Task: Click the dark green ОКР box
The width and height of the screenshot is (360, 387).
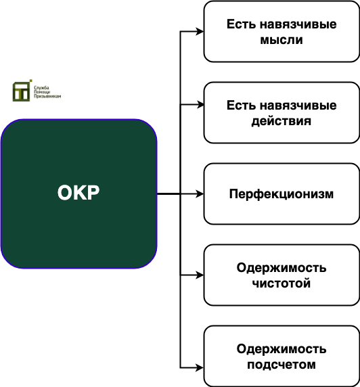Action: (x=78, y=193)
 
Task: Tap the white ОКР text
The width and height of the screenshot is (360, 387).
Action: (x=78, y=193)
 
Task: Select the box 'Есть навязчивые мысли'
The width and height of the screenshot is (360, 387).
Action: (x=282, y=32)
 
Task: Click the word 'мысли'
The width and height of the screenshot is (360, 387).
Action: (x=282, y=40)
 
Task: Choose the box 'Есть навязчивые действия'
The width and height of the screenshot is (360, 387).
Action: (x=282, y=113)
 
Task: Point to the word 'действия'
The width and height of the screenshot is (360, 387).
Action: (x=282, y=121)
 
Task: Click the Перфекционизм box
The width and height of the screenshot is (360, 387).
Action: (x=282, y=193)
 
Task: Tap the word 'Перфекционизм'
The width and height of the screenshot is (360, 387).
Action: (x=282, y=194)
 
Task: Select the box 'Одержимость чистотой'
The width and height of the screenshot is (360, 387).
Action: (x=282, y=275)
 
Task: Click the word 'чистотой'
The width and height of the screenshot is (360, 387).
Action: (x=282, y=283)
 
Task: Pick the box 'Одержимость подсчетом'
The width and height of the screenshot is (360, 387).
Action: (x=282, y=356)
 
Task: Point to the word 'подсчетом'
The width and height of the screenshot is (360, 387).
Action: (x=282, y=365)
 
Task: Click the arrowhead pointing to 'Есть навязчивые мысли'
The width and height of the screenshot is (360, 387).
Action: (x=200, y=32)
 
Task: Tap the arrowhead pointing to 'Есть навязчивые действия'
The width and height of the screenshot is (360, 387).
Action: (x=200, y=105)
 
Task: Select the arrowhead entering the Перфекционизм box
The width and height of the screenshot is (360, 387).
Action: (x=200, y=194)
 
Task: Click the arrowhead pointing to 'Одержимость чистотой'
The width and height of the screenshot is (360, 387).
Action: (x=200, y=275)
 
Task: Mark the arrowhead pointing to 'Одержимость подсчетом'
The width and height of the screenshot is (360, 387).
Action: (x=200, y=368)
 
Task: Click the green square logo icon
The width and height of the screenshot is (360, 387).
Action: (x=22, y=91)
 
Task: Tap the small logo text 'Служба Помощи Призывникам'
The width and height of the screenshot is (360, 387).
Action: (x=47, y=92)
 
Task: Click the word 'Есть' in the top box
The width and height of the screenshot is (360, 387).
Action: (x=241, y=24)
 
